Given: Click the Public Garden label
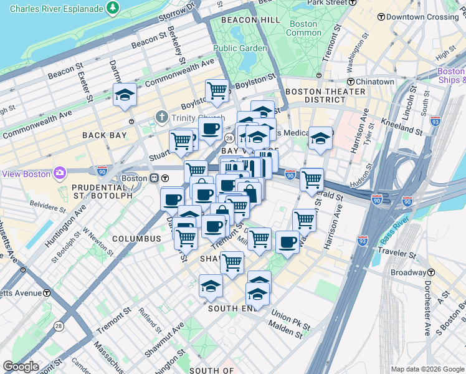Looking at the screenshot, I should tap(240, 48).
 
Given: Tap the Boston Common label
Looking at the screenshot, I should tap(304, 28).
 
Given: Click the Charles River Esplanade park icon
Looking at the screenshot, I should tap(113, 9).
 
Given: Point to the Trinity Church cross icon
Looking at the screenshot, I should tap(162, 117).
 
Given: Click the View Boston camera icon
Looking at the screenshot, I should tap(60, 173).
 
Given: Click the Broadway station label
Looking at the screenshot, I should tap(408, 272).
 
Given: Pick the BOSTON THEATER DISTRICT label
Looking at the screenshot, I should tap(325, 95).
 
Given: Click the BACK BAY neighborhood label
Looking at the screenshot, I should tap(105, 135).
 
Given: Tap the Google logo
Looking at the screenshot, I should tap(21, 367).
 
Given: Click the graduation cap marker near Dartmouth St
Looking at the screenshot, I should tap(125, 95).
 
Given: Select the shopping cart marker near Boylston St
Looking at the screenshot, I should tap(217, 91).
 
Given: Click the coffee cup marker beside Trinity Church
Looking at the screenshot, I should tap(210, 130).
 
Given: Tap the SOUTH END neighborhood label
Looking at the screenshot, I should tap(232, 309).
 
